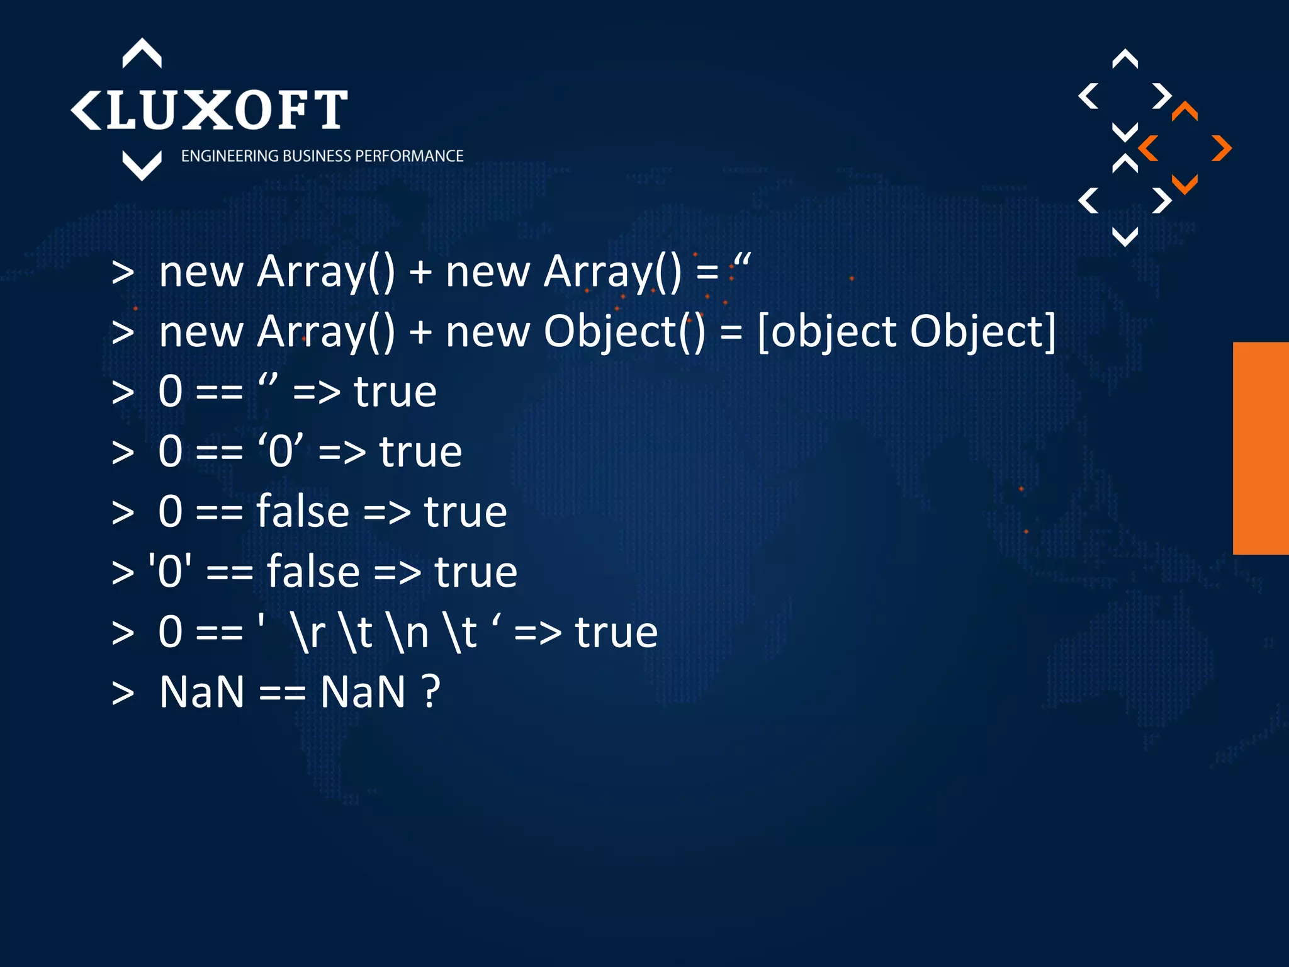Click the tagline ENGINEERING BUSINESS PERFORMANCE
pyautogui.click(x=322, y=156)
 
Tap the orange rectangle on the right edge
pyautogui.click(x=1260, y=448)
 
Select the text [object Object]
pyautogui.click(x=906, y=332)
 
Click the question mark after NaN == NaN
pyautogui.click(x=431, y=692)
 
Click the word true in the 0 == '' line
pyautogui.click(x=395, y=392)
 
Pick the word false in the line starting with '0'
pyautogui.click(x=313, y=572)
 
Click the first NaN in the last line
pyautogui.click(x=201, y=692)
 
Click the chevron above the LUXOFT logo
pyautogui.click(x=142, y=53)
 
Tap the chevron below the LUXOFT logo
pyautogui.click(x=142, y=165)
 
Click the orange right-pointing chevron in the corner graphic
pyautogui.click(x=1221, y=149)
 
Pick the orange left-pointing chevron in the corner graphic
pyautogui.click(x=1149, y=149)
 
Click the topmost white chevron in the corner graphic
pyautogui.click(x=1125, y=59)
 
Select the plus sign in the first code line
pyautogui.click(x=420, y=273)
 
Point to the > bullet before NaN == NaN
pyautogui.click(x=123, y=692)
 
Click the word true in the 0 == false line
pyautogui.click(x=465, y=512)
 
